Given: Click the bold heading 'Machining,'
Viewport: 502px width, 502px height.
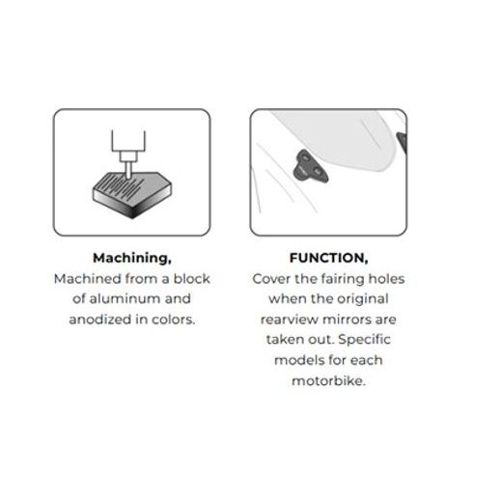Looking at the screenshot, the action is point(132,258).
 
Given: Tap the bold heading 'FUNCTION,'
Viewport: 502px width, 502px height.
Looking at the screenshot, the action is point(328,258).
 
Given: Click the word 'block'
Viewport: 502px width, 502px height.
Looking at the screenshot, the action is point(192,279).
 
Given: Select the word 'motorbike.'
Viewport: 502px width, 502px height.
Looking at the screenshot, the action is point(328,380).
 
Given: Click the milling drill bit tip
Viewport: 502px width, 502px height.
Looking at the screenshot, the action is point(128,178).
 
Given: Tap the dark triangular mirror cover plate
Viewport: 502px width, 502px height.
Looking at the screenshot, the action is point(310,166).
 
